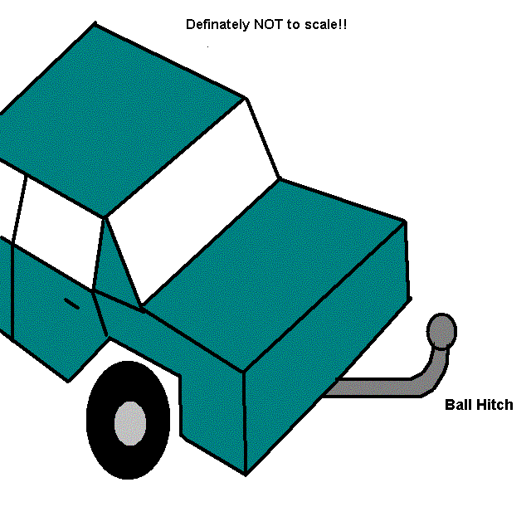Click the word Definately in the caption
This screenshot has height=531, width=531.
click(217, 25)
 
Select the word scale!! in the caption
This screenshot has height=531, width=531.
click(325, 24)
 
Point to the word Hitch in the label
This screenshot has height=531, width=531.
click(494, 405)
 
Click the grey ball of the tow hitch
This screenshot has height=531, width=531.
click(441, 331)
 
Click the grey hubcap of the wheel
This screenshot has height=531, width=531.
click(130, 423)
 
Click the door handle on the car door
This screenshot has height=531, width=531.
click(71, 304)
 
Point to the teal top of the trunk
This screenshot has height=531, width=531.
click(275, 271)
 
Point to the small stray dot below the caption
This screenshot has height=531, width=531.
click(207, 46)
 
